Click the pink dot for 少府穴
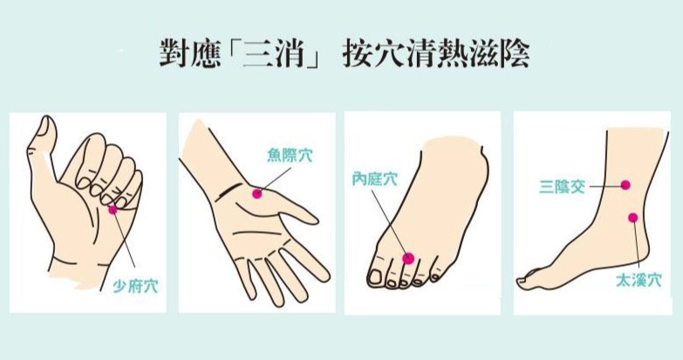coord(113,210)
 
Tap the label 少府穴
coord(135,287)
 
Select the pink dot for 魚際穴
coord(257,194)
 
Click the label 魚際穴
coord(290,155)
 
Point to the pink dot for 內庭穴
coord(408,258)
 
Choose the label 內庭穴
coord(374,179)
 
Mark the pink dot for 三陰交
coord(625,185)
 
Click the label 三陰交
coord(562,187)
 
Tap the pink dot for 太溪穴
coord(633,218)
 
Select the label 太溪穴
coord(639,280)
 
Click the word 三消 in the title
coord(273,54)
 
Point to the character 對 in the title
coord(174,54)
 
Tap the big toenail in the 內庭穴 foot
coord(374,276)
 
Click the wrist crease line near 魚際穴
coord(230,190)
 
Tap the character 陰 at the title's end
coord(515,54)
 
